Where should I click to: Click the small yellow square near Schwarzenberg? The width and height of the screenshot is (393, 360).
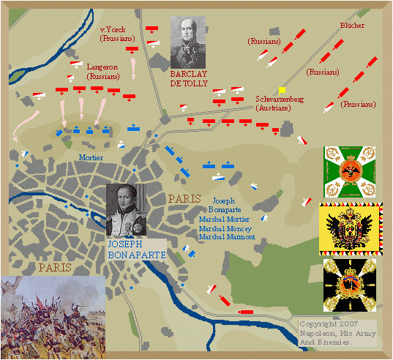click(x=282, y=90)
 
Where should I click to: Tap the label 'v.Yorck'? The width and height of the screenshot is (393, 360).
click(x=113, y=29)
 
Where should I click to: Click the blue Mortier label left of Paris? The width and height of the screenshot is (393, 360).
click(x=91, y=157)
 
